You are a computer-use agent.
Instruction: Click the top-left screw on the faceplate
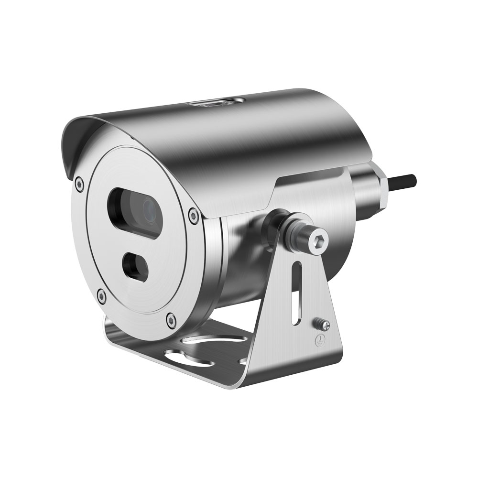click(79, 181)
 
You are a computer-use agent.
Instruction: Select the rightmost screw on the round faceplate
click(192, 215)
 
